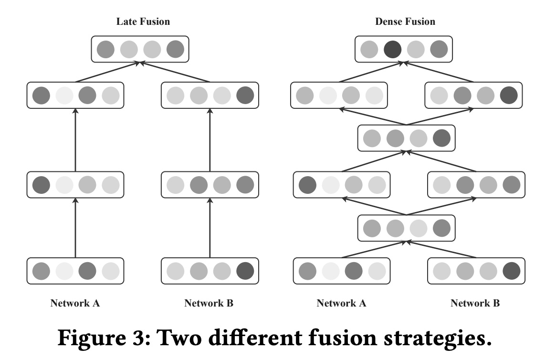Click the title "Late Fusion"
[143, 22]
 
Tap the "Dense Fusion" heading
[405, 22]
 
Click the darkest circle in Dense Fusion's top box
[393, 49]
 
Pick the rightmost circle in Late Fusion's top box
[175, 49]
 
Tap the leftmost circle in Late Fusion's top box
[105, 49]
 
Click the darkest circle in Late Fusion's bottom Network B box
[245, 271]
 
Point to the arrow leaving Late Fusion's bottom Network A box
[75, 229]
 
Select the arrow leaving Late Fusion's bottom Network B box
[210, 229]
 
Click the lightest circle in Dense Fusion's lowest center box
[418, 228]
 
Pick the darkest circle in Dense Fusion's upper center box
[441, 138]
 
